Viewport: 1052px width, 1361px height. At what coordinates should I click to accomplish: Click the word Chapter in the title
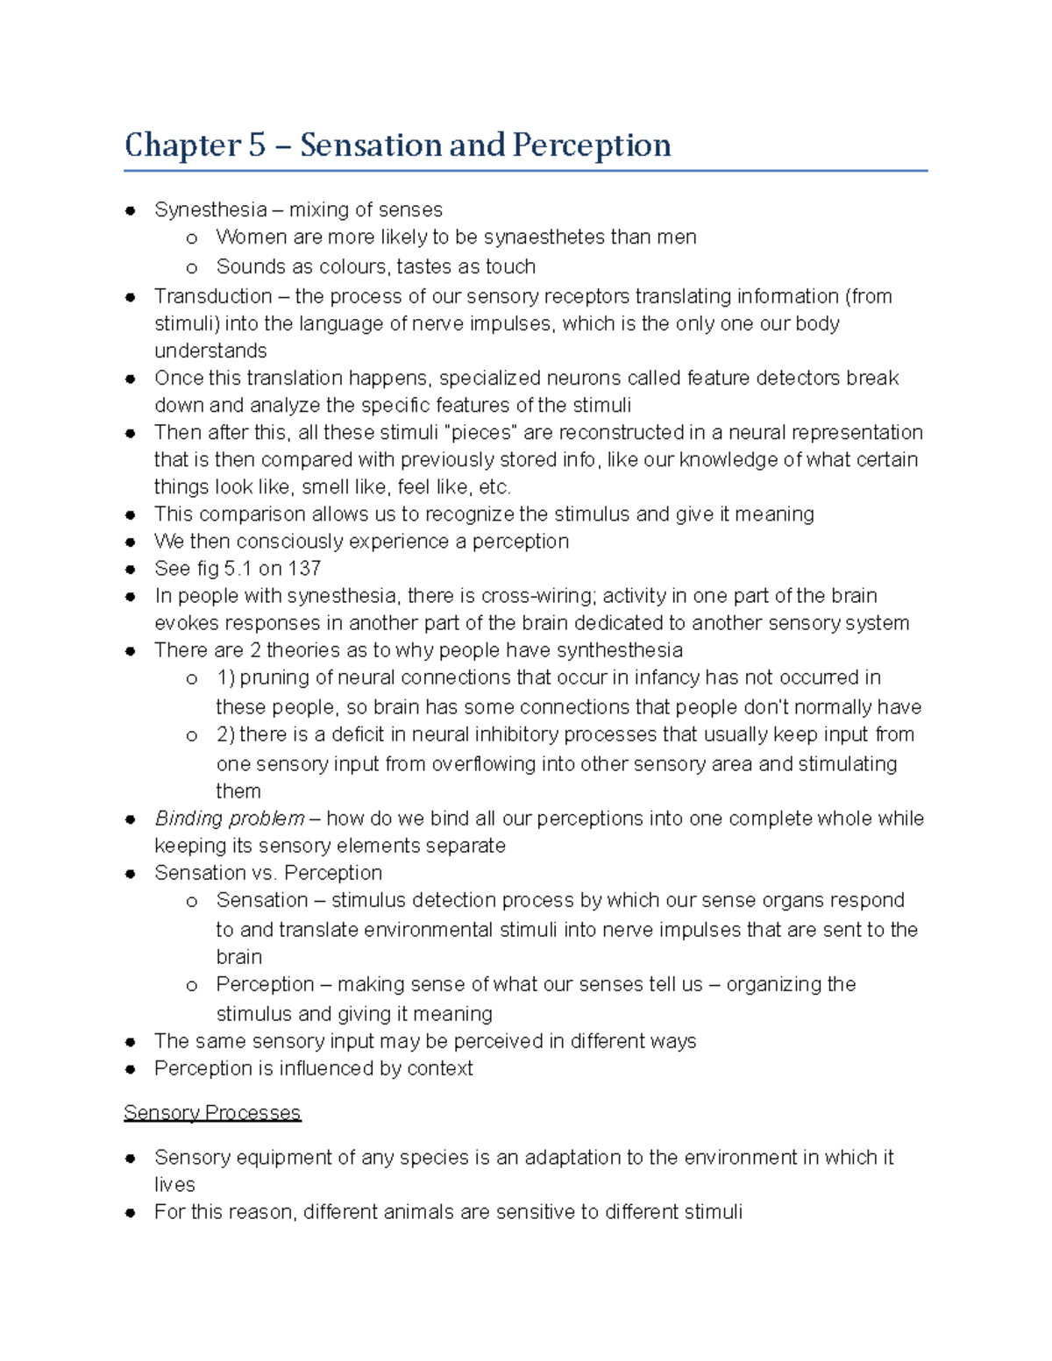[x=182, y=145]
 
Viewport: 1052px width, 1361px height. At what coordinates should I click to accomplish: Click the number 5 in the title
[x=256, y=145]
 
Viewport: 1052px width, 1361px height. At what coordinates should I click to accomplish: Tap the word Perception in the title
[x=592, y=145]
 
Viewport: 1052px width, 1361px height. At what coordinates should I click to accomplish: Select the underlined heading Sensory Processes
[x=212, y=1113]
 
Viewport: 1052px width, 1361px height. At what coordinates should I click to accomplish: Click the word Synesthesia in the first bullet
[x=210, y=210]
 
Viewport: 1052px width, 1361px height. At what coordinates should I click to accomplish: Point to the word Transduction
[x=213, y=297]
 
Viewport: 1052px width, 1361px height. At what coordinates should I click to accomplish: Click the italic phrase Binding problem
[x=230, y=819]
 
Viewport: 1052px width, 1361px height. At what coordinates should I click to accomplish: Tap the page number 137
[x=304, y=569]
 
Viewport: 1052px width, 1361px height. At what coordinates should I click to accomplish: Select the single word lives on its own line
[x=174, y=1185]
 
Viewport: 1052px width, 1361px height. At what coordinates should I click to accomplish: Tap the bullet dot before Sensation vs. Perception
[x=130, y=874]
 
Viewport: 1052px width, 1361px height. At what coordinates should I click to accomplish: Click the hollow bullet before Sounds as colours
[x=192, y=268]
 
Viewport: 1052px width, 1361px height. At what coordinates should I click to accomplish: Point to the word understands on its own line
[x=210, y=351]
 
